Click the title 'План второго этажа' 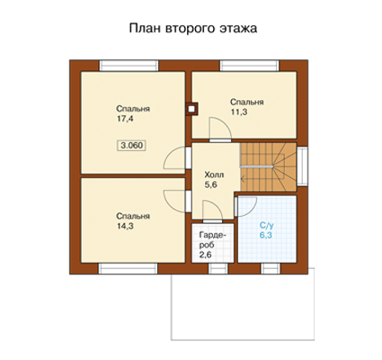(193, 29)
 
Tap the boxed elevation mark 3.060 (132, 146)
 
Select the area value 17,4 (125, 119)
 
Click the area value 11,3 (239, 112)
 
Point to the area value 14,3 (125, 226)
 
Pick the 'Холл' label (214, 175)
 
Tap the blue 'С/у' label (266, 225)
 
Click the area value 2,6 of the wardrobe (206, 255)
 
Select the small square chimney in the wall (191, 109)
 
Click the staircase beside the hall (268, 166)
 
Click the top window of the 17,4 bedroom (129, 66)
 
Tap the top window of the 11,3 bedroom (250, 66)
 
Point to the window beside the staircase (302, 166)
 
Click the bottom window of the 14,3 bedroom (129, 268)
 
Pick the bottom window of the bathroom (271, 268)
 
